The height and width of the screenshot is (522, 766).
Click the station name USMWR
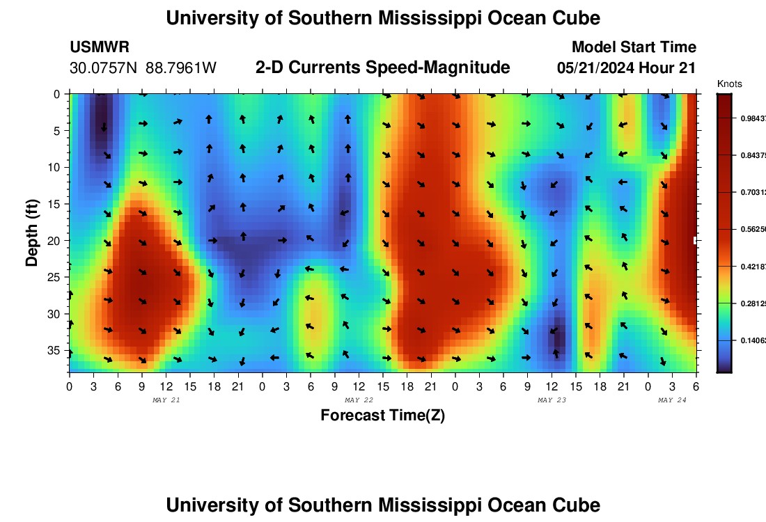99,47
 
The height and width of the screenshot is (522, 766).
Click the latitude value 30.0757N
104,68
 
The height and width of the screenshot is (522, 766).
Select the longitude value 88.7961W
181,68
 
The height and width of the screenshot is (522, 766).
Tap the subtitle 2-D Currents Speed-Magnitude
382,68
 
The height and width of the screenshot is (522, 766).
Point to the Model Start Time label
634,47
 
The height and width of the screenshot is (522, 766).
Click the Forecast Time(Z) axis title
382,416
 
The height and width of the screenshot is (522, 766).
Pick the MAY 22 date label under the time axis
359,400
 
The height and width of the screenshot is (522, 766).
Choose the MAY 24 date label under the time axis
673,400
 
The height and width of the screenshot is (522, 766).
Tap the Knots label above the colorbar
729,84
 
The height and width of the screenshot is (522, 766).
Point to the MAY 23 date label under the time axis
552,400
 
